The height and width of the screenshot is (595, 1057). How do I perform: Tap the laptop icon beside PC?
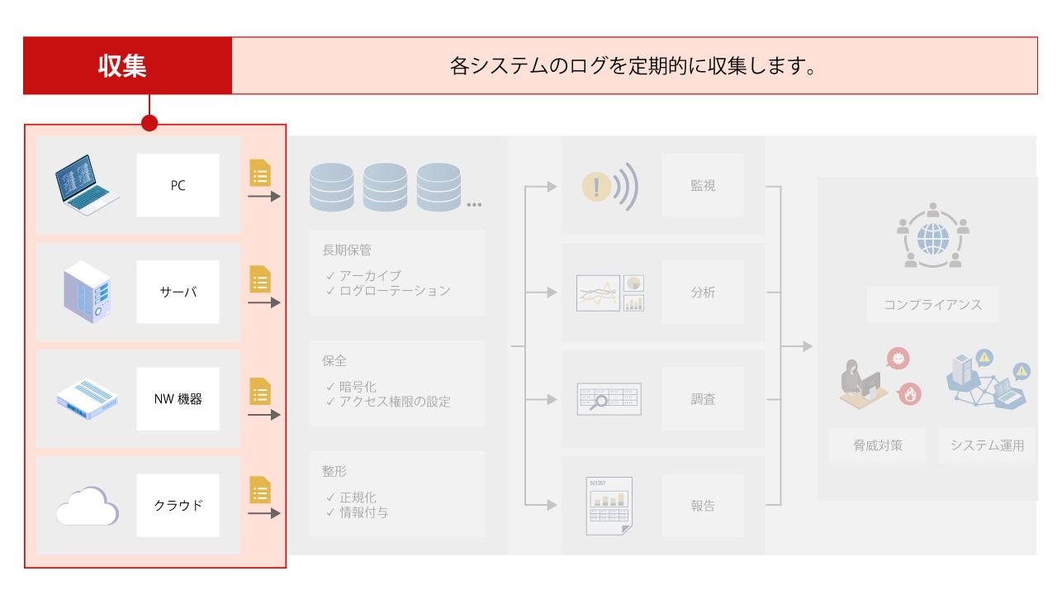click(x=87, y=185)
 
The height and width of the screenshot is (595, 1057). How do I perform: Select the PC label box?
click(x=178, y=185)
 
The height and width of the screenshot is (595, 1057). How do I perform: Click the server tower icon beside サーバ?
click(x=87, y=293)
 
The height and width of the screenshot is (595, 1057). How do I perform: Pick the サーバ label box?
click(x=178, y=293)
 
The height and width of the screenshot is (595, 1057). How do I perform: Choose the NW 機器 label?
click(x=178, y=399)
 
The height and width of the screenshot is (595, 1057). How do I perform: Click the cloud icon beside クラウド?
click(x=87, y=506)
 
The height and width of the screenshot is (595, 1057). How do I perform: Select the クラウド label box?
click(x=178, y=506)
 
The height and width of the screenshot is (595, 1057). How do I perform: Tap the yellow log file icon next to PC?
click(x=260, y=174)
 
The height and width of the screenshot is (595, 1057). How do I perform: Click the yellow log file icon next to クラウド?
click(x=260, y=490)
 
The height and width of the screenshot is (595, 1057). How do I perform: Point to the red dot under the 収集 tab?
click(x=149, y=123)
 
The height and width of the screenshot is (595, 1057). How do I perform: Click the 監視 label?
click(x=703, y=186)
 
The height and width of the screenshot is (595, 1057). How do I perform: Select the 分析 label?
click(x=703, y=293)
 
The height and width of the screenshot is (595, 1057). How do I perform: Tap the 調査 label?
click(x=703, y=399)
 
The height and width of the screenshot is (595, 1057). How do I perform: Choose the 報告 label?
click(x=703, y=506)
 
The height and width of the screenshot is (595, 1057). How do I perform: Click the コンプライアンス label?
click(x=933, y=305)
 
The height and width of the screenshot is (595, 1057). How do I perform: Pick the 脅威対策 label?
click(x=878, y=445)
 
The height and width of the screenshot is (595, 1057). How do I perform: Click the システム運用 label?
click(x=988, y=445)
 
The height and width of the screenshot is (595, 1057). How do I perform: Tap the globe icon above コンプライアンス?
click(x=933, y=239)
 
